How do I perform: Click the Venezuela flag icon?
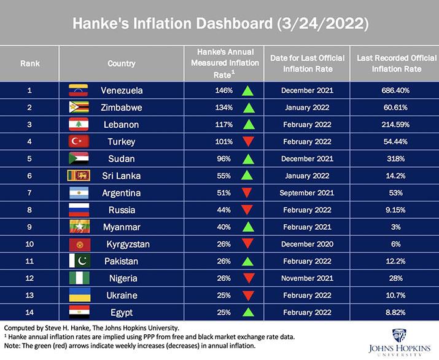79,90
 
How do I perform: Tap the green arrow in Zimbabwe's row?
247,108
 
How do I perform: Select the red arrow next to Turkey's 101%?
247,142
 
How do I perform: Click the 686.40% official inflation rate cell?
395,90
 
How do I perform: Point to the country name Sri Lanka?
122,176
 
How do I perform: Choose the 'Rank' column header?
30,63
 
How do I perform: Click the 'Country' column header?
122,63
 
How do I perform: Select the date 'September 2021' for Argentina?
307,193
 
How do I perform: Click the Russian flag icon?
79,210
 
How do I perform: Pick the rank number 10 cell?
30,245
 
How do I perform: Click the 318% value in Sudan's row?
395,158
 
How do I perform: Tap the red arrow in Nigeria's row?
247,279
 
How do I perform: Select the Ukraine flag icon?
79,295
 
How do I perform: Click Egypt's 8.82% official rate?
395,313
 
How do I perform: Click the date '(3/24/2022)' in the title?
323,23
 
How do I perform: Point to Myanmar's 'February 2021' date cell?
307,227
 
